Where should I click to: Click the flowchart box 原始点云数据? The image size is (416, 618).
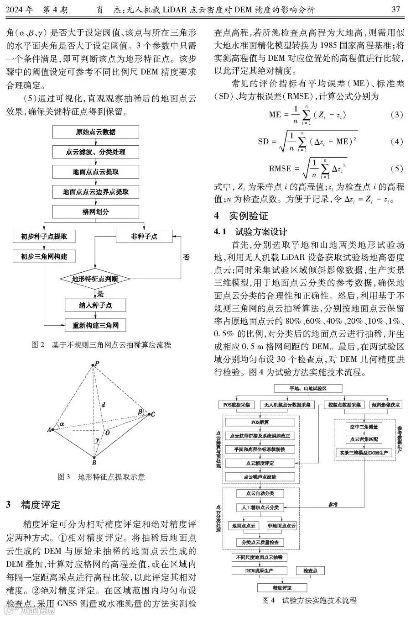[x=95, y=132]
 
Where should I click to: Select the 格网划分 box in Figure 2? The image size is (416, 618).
[x=95, y=212]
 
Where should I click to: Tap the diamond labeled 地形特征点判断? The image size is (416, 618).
[x=95, y=279]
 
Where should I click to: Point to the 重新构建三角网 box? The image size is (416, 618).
[x=95, y=326]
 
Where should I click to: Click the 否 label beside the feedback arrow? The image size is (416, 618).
[x=186, y=257]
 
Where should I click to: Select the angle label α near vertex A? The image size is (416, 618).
[x=62, y=424]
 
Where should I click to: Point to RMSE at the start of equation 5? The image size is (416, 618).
[x=280, y=169]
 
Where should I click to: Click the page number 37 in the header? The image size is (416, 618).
[x=396, y=9]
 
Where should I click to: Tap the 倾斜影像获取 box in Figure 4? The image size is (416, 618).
[x=386, y=405]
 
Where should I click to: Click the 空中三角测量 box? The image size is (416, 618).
[x=363, y=427]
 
